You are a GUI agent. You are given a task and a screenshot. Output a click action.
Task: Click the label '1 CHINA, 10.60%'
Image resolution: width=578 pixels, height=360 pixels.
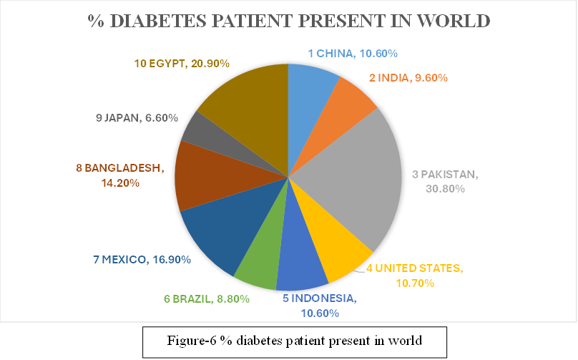pyautogui.click(x=353, y=53)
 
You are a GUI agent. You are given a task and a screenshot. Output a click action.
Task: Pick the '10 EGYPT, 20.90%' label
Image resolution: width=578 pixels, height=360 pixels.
pyautogui.click(x=182, y=64)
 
